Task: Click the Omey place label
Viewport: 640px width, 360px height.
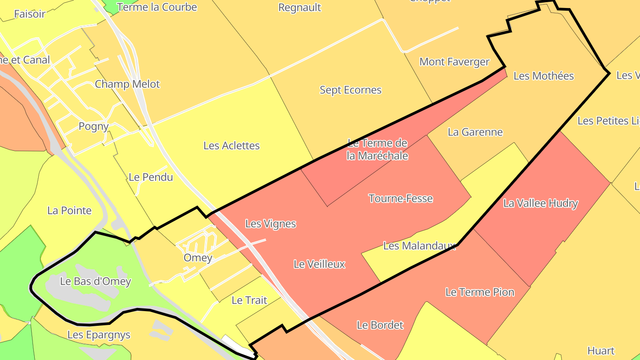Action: point(198,258)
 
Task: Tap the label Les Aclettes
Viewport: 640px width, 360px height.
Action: point(232,145)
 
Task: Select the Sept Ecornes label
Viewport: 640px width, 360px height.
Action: point(351,90)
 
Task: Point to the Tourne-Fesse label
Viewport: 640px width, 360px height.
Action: point(400,198)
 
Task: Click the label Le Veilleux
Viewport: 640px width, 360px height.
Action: point(319,264)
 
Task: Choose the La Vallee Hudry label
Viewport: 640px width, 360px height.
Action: point(540,204)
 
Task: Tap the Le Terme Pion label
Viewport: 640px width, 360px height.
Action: point(480,292)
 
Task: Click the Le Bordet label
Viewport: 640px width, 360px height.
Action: point(380,325)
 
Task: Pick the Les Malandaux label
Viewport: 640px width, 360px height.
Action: point(420,245)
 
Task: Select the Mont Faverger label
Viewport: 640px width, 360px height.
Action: point(454,62)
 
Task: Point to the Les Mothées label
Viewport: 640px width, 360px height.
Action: point(544,76)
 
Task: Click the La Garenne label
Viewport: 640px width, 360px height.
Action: point(475,132)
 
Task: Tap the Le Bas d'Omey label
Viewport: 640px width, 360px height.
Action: point(96,281)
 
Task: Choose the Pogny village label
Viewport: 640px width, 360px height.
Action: point(93,126)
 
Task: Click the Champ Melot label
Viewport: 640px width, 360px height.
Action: point(127,84)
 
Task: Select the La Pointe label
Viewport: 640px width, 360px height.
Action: point(69,210)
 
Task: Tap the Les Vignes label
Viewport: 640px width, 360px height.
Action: point(270,224)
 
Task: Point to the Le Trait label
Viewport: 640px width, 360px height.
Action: point(249,300)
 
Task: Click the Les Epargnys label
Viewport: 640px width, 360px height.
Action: point(99,335)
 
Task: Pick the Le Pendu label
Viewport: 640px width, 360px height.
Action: point(151,177)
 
